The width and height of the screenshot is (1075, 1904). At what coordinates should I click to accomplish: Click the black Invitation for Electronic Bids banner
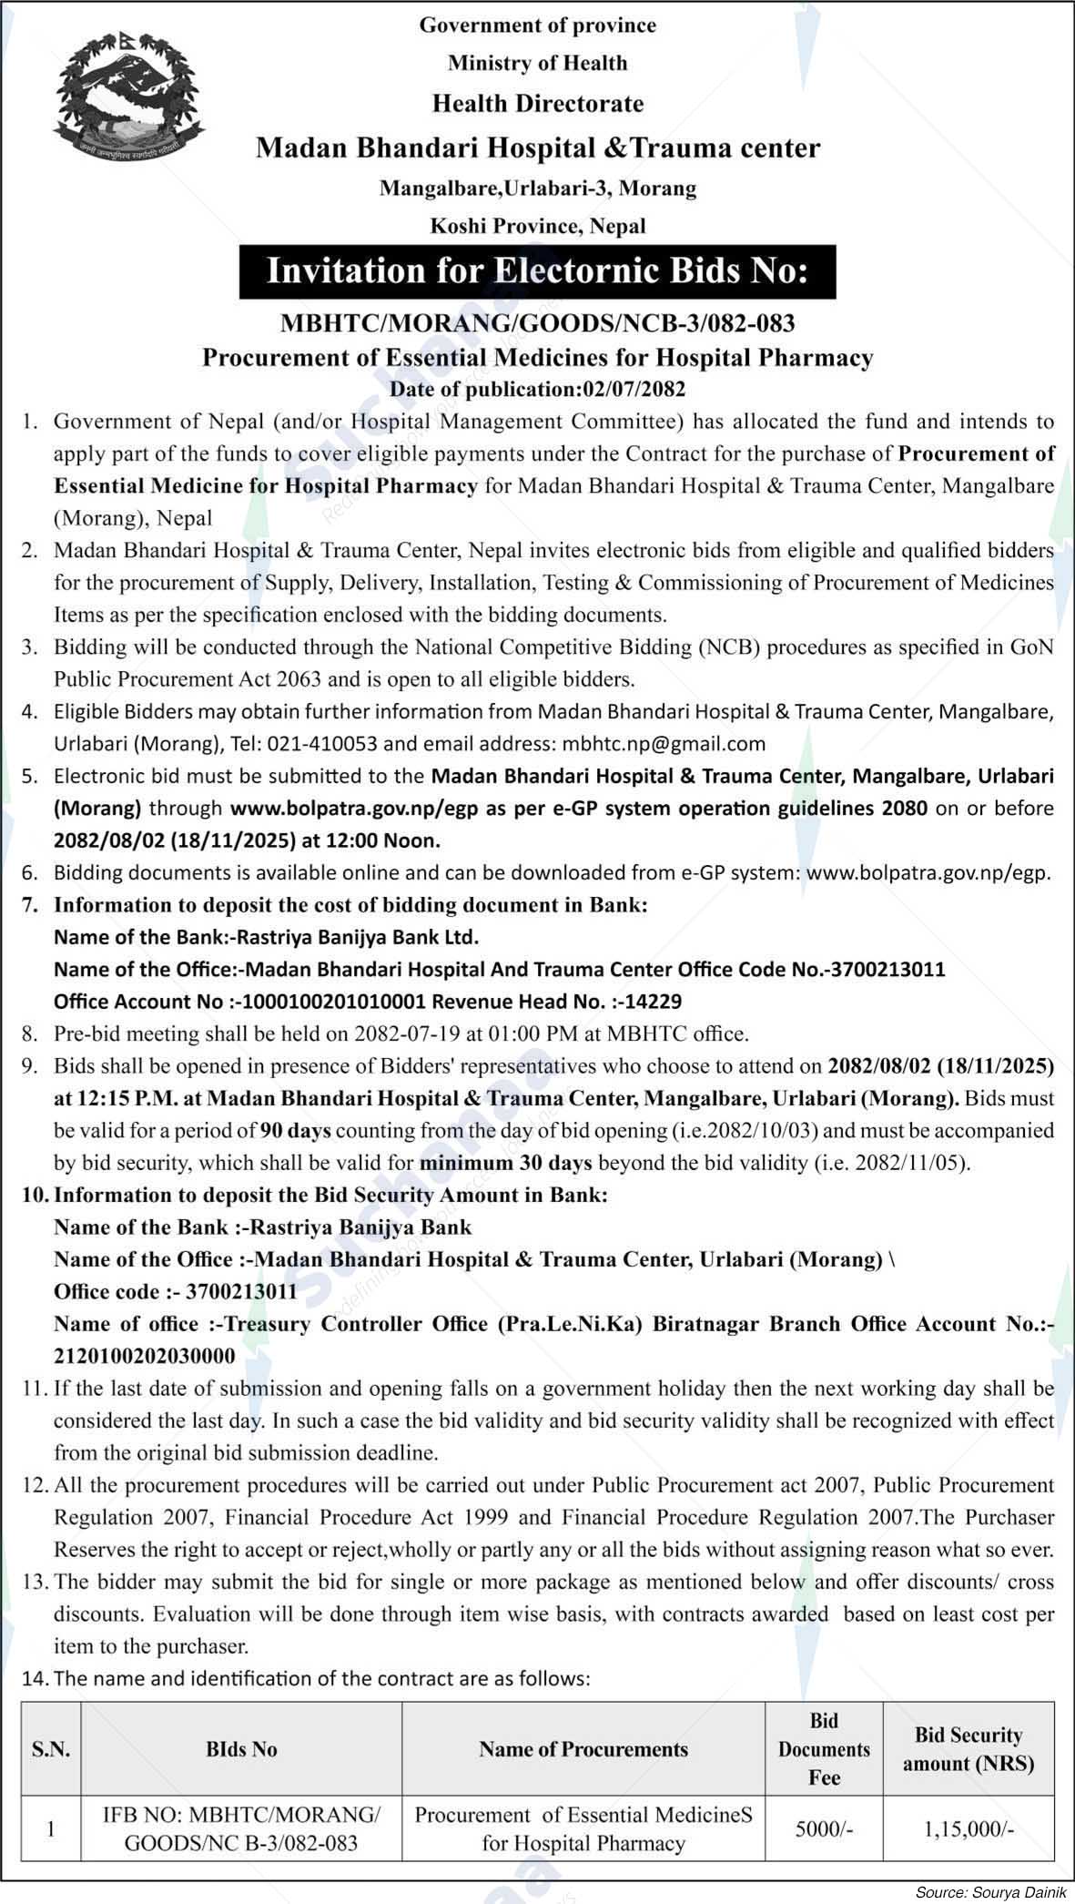click(x=537, y=271)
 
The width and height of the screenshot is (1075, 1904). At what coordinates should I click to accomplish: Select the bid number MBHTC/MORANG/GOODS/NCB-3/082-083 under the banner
click(x=537, y=323)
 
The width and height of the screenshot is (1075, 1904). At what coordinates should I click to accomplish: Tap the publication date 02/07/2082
click(x=634, y=389)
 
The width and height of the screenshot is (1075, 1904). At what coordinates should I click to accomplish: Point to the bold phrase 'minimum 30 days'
click(x=505, y=1163)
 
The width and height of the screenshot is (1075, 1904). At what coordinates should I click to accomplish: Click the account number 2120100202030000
click(x=144, y=1356)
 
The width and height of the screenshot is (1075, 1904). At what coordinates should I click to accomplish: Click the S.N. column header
click(x=51, y=1748)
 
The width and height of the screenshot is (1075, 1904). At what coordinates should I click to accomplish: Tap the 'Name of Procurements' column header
click(x=583, y=1748)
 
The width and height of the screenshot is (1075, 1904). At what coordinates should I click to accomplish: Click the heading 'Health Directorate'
click(x=537, y=104)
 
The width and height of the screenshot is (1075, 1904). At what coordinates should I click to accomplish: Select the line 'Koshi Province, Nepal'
click(x=537, y=225)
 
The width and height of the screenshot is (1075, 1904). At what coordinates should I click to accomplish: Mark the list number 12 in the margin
click(x=35, y=1485)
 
